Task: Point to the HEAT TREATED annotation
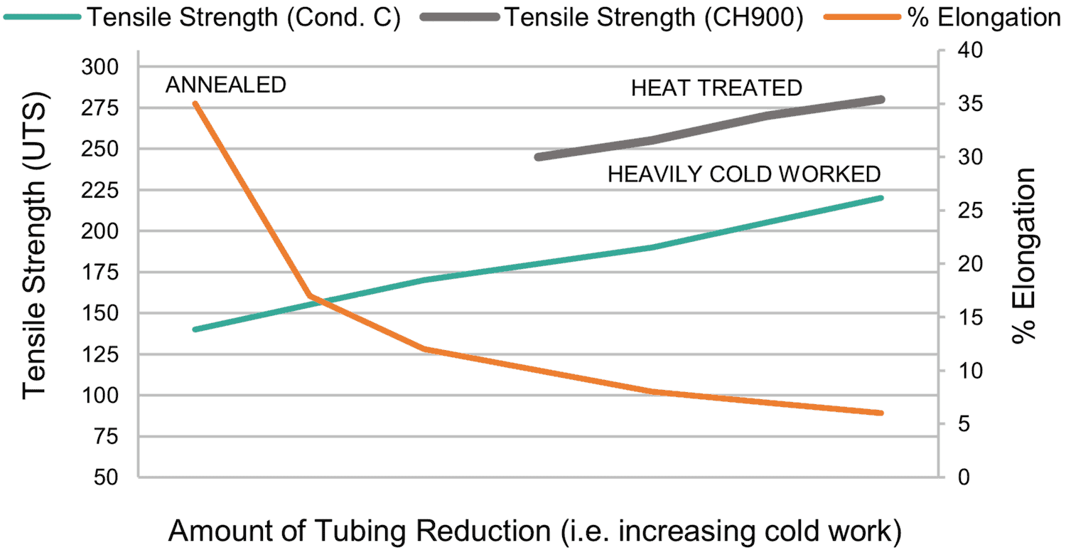click(x=716, y=88)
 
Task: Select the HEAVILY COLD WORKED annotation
click(x=744, y=174)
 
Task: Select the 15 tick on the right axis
click(x=964, y=317)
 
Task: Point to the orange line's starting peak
click(x=195, y=104)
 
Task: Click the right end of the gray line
click(x=881, y=100)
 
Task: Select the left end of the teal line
click(x=195, y=329)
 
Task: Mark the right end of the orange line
click(x=881, y=413)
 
